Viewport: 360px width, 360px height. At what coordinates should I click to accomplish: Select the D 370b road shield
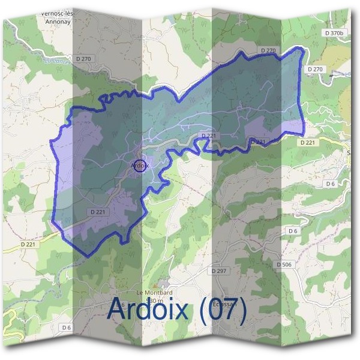(x=335, y=32)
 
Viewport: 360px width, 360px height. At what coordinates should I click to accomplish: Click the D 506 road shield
(x=284, y=264)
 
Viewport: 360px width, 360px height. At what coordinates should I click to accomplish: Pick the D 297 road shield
(x=219, y=271)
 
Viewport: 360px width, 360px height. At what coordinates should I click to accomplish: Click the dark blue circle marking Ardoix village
(x=139, y=165)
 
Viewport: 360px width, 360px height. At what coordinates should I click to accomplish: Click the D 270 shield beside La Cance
(x=86, y=59)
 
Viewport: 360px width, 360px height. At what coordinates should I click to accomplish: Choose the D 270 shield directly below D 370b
(x=315, y=70)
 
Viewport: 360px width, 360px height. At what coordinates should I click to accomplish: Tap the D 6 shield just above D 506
(x=293, y=231)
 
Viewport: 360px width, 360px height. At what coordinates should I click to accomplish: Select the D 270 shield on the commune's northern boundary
(x=268, y=50)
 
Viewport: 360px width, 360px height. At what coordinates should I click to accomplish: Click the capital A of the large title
(x=116, y=310)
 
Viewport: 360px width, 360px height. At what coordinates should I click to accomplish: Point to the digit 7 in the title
(x=232, y=310)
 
